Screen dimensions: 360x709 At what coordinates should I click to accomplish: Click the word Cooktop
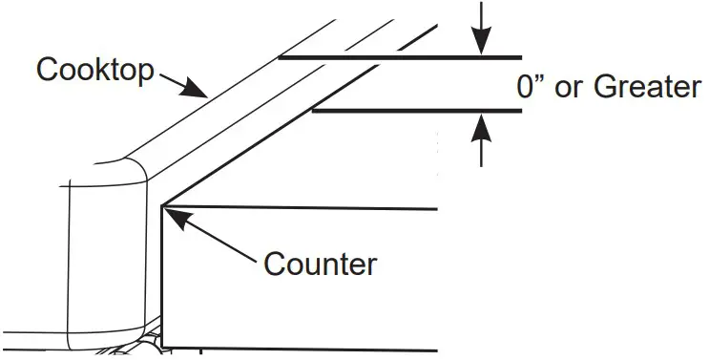94,69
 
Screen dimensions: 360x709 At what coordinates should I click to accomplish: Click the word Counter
320,263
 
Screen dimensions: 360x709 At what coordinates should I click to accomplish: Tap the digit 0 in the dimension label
526,88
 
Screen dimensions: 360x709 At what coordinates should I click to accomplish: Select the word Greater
647,88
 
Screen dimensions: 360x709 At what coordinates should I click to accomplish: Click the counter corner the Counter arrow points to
162,205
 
